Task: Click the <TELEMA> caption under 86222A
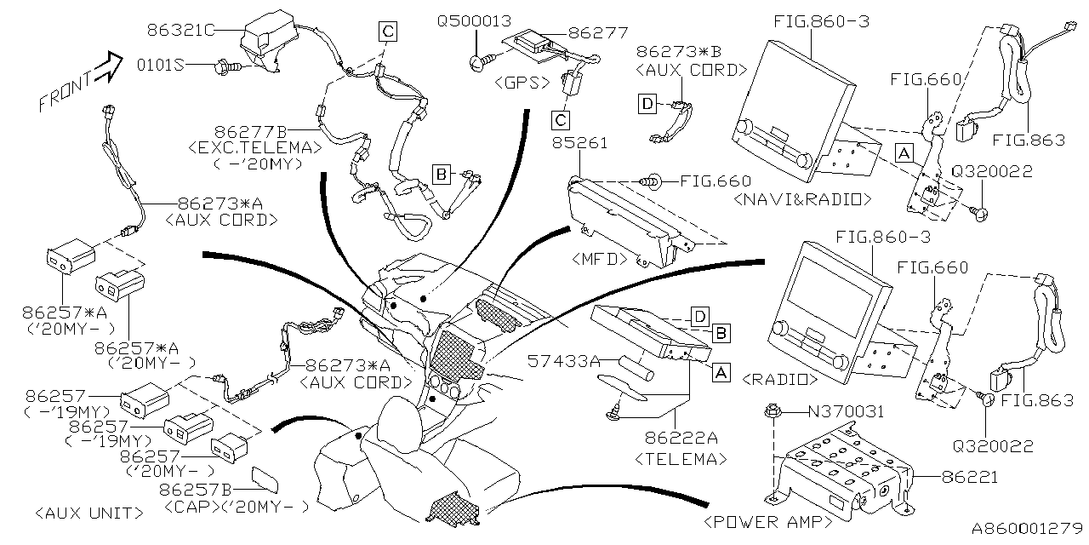pyautogui.click(x=681, y=459)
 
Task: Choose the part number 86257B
pyautogui.click(x=196, y=490)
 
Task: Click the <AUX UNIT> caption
pyautogui.click(x=89, y=513)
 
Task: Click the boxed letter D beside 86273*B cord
pyautogui.click(x=647, y=104)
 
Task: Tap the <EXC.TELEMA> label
pyautogui.click(x=255, y=147)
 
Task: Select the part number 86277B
pyautogui.click(x=254, y=132)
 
